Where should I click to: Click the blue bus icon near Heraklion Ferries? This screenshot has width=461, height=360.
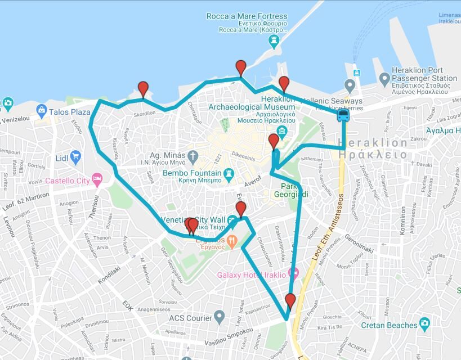point(342,116)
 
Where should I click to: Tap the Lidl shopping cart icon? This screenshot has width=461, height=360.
point(75,157)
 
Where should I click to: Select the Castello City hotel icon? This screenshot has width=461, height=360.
point(97,179)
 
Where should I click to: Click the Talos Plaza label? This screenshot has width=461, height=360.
point(69,112)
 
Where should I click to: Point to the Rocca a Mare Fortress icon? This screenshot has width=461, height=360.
point(274,40)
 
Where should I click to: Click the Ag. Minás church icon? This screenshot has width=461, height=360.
point(193,156)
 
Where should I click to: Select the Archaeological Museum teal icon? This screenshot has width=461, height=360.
point(282,132)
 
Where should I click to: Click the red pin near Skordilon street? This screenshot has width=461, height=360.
point(143,89)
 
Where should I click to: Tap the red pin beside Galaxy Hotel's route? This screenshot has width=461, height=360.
point(290,300)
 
